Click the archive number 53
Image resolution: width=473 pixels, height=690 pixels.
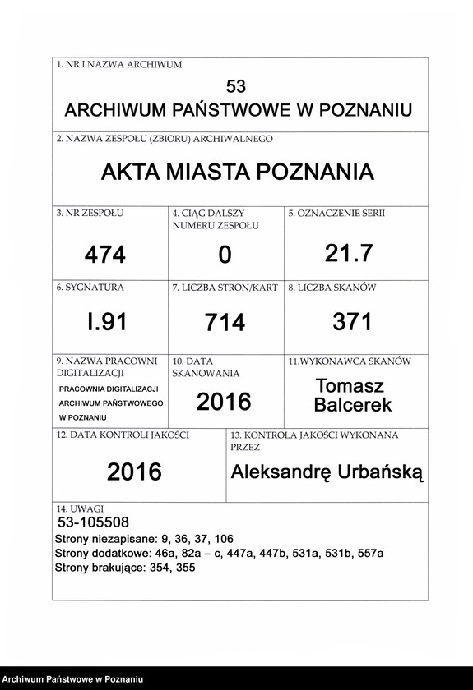[236, 86]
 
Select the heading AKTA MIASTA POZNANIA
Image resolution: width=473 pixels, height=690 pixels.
[237, 172]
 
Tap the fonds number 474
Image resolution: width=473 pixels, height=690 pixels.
[105, 255]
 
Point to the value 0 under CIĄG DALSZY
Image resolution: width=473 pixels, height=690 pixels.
[225, 256]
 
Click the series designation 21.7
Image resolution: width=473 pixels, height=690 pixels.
[349, 254]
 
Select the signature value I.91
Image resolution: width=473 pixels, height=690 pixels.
[107, 322]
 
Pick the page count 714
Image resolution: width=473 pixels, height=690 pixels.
[225, 323]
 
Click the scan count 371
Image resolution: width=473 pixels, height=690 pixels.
[353, 322]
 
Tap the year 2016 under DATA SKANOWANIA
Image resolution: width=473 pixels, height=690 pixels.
[224, 402]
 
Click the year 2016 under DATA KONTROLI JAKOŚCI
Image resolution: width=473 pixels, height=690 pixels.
[134, 471]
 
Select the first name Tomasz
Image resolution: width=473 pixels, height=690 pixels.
[350, 385]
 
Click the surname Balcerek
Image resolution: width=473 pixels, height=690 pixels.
[353, 404]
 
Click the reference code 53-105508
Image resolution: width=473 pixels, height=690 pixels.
[93, 522]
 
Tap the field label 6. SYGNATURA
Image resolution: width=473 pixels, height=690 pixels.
[90, 288]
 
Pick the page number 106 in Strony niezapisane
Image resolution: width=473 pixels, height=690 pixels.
[222, 539]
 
